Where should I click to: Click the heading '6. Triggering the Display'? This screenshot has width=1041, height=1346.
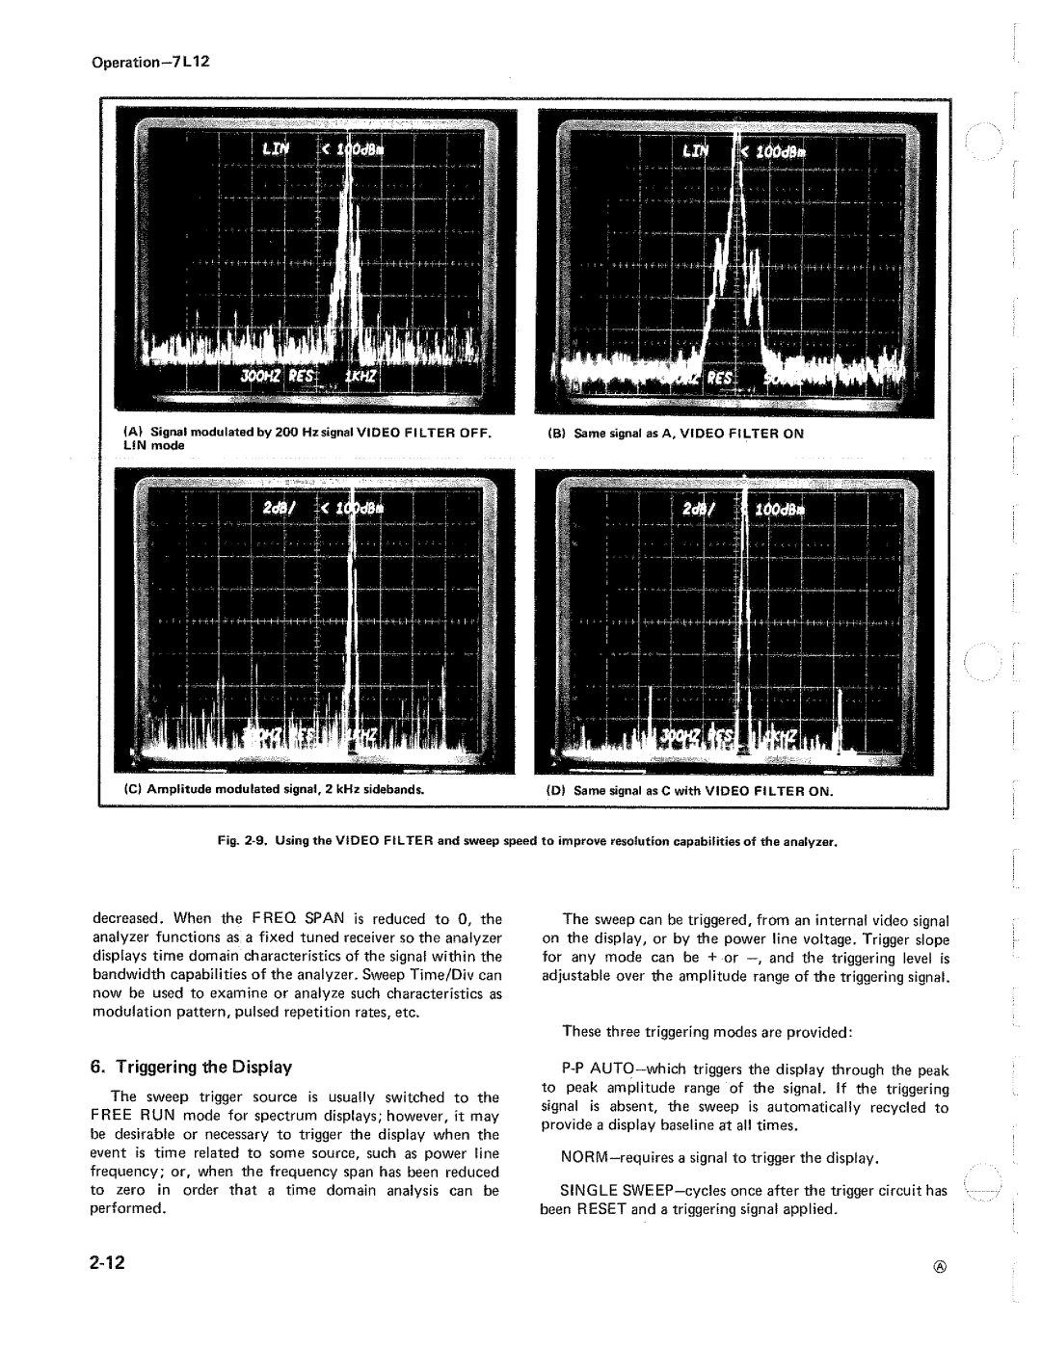point(191,1067)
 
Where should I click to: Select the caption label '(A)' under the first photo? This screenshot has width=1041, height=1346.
point(129,434)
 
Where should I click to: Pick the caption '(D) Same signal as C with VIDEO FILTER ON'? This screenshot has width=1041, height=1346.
point(690,790)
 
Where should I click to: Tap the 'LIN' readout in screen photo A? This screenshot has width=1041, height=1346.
point(267,152)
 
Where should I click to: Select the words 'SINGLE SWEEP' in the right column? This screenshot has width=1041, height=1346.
point(611,1191)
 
